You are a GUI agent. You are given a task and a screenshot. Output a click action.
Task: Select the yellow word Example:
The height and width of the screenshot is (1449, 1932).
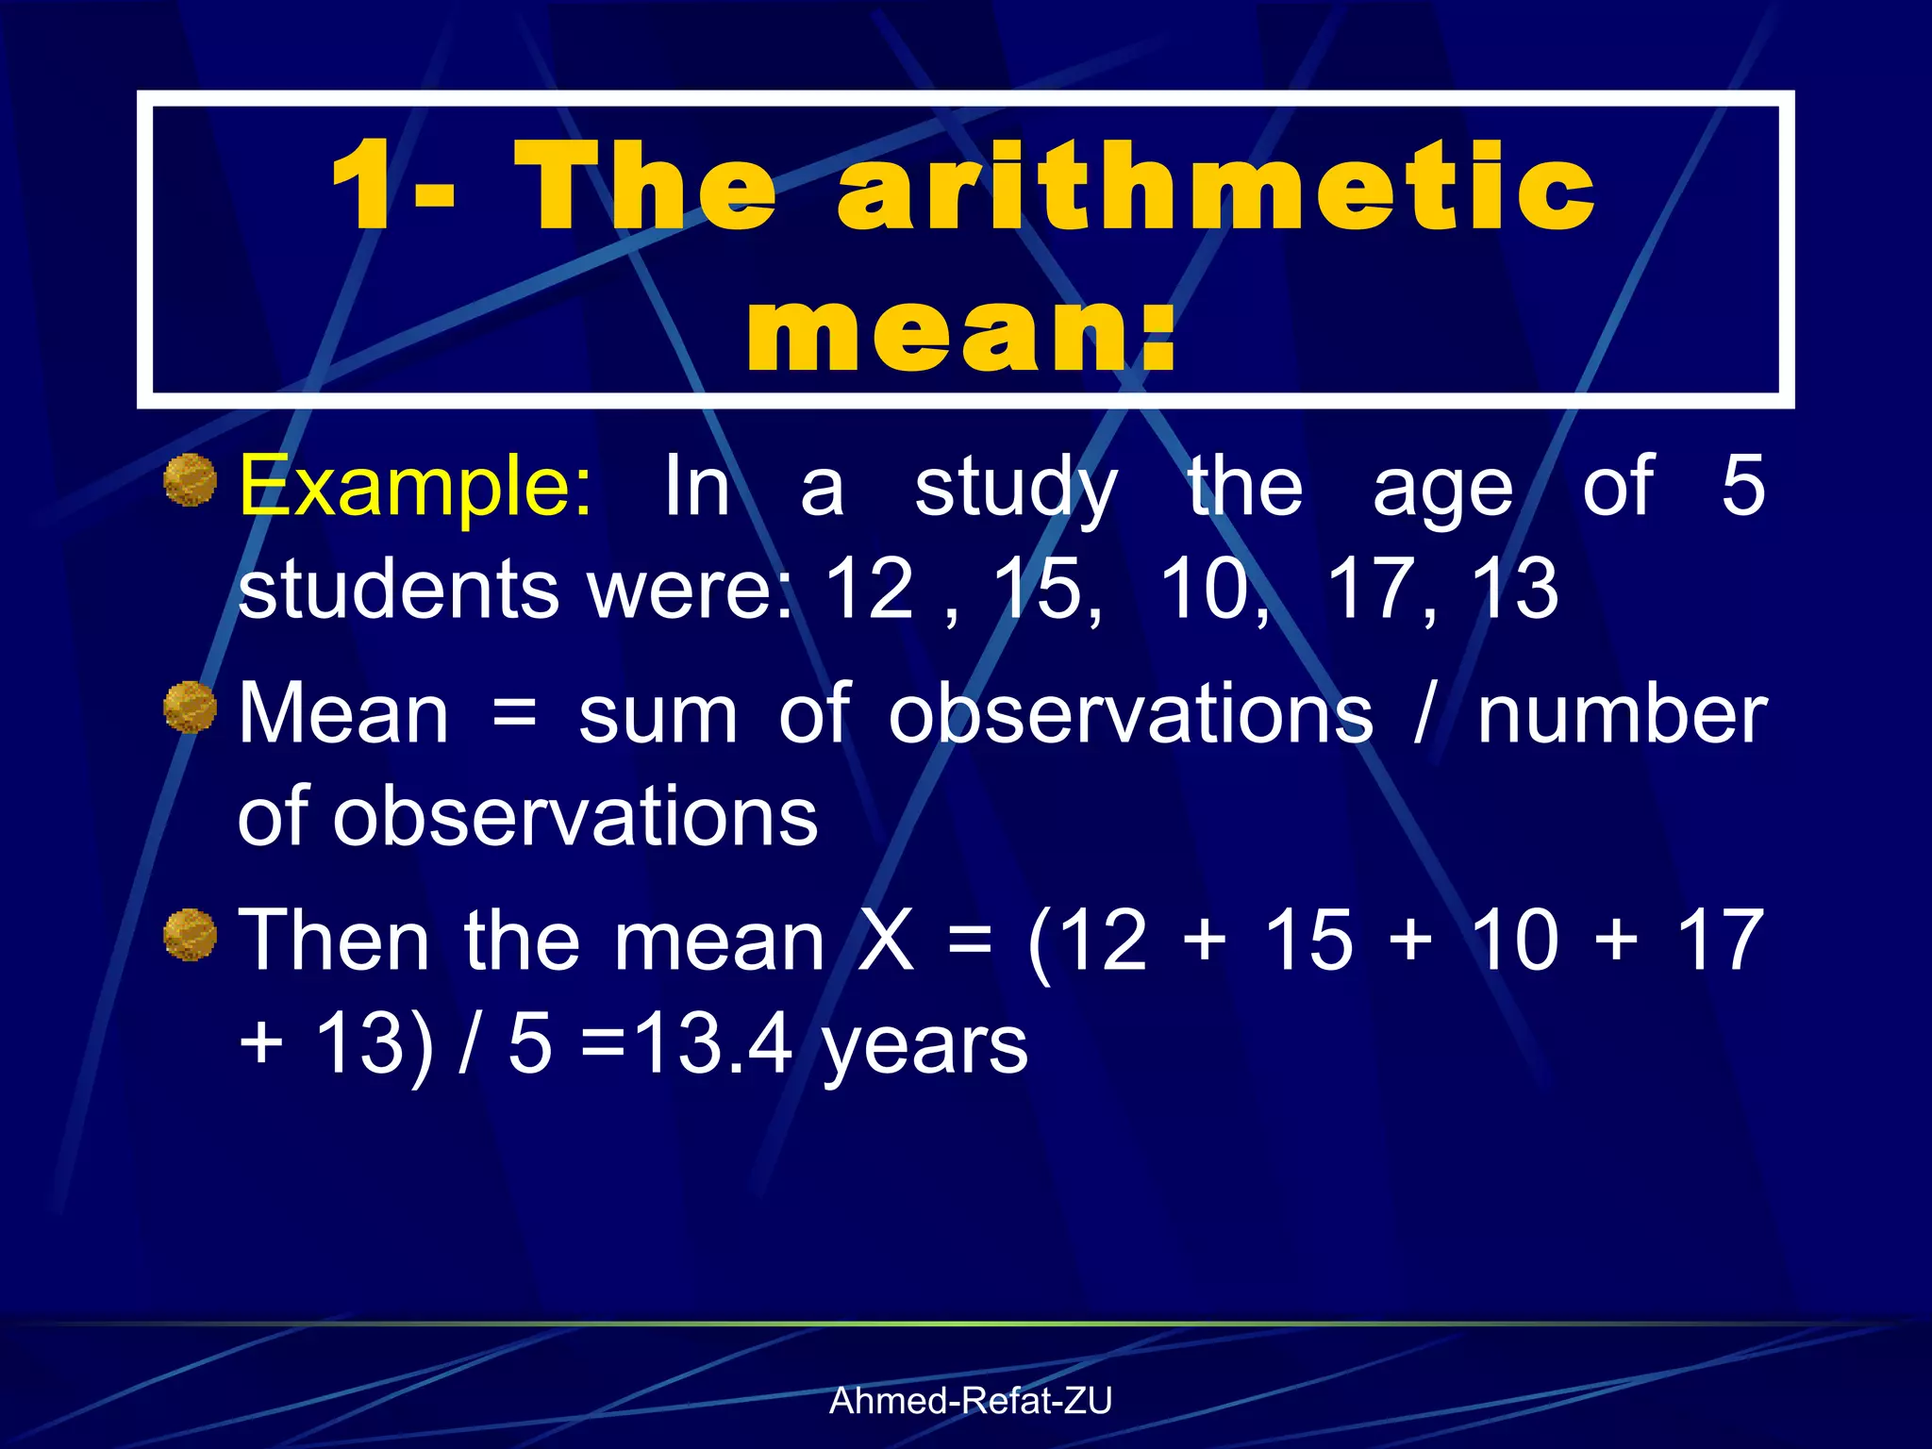[416, 487]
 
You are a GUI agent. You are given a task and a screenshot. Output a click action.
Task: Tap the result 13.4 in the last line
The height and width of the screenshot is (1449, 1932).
[711, 1045]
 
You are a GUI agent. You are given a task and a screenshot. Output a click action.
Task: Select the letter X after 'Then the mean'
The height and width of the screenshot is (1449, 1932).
[888, 941]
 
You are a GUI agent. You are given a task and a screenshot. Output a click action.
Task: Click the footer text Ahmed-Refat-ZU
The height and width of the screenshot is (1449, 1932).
[970, 1401]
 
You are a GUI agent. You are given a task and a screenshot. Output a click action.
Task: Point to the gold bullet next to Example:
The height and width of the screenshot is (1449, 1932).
[191, 480]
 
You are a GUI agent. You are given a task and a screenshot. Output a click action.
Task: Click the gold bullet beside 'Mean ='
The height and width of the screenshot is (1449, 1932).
[191, 708]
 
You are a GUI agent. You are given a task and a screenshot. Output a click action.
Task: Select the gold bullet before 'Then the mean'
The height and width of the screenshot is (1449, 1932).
[191, 934]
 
